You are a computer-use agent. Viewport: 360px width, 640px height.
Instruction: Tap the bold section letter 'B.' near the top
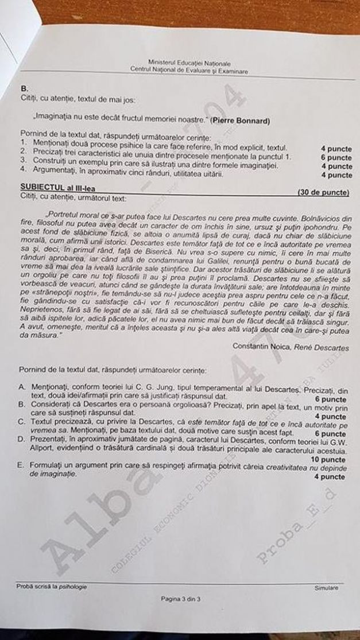pyautogui.click(x=24, y=88)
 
